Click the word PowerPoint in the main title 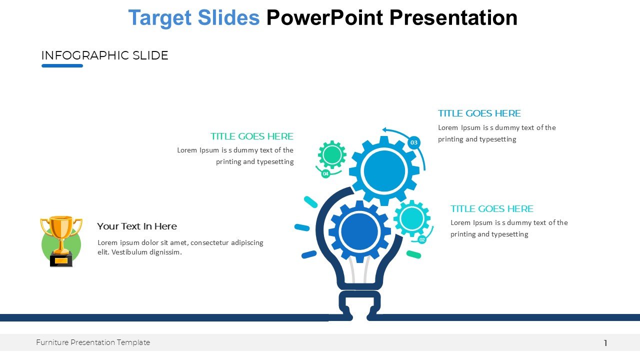[324, 17]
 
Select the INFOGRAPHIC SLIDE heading [105, 55]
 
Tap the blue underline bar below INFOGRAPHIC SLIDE [62, 65]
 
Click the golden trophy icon [61, 241]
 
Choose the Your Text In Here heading [137, 226]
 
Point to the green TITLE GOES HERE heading [252, 136]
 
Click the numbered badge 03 [414, 142]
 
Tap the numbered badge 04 [325, 173]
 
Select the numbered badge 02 [422, 239]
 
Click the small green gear [332, 154]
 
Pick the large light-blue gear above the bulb [384, 171]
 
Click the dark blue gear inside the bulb [359, 231]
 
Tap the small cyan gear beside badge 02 [412, 218]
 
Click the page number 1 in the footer [605, 343]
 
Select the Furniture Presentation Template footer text [93, 342]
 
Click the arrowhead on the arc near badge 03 [385, 130]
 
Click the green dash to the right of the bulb [413, 254]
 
